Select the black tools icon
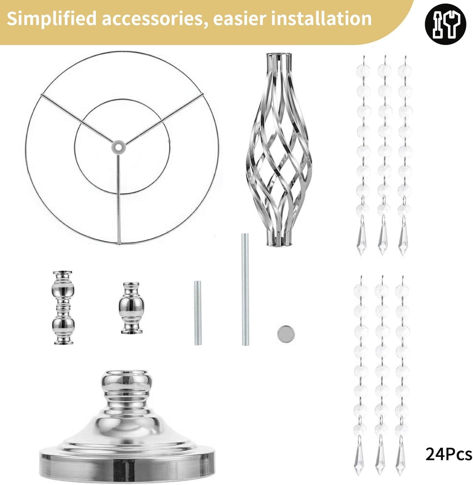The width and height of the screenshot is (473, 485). click(x=446, y=24)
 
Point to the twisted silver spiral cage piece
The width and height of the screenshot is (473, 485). click(x=279, y=150)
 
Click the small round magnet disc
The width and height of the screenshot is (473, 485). click(x=286, y=333)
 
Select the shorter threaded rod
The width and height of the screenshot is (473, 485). click(x=198, y=313)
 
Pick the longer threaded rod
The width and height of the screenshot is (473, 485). click(x=245, y=289)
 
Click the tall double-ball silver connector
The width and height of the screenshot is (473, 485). click(x=64, y=307)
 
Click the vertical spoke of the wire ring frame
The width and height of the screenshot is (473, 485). click(x=119, y=199)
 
